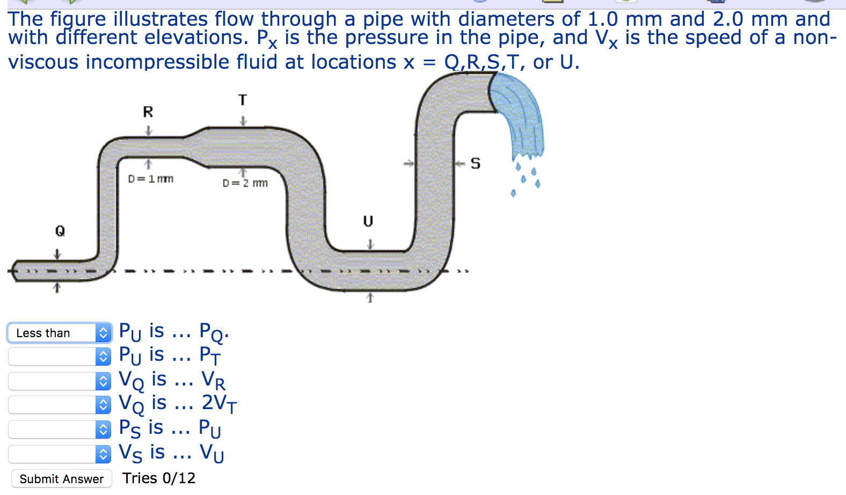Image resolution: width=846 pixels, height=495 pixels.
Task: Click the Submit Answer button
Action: [61, 478]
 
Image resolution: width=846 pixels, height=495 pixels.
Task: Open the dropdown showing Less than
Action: [60, 333]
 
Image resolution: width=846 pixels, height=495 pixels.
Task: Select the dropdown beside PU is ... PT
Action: [60, 356]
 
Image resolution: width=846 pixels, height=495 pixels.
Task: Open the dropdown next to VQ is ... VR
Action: [60, 381]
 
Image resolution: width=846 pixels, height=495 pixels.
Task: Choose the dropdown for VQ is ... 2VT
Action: [60, 405]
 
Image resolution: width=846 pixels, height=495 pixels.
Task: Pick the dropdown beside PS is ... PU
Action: [60, 430]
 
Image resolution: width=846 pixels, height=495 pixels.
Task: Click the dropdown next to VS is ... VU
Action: [60, 454]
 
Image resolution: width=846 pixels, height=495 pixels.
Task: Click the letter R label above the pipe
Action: [148, 112]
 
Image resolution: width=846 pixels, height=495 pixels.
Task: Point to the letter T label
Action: [243, 100]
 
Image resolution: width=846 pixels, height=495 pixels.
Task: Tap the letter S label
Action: [476, 163]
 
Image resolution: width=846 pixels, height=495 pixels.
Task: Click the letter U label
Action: [368, 221]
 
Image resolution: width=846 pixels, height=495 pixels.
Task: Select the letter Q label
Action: [60, 231]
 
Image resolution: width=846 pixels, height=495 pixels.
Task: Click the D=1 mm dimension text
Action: [150, 179]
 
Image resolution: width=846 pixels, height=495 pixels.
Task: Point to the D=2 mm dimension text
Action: [245, 183]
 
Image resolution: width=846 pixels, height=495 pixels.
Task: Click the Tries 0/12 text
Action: [159, 478]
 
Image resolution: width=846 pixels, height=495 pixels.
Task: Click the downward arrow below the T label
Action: [243, 121]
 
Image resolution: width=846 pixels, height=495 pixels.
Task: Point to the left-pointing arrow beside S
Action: [460, 164]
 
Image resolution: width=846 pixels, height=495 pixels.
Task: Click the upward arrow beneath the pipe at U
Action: [369, 297]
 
